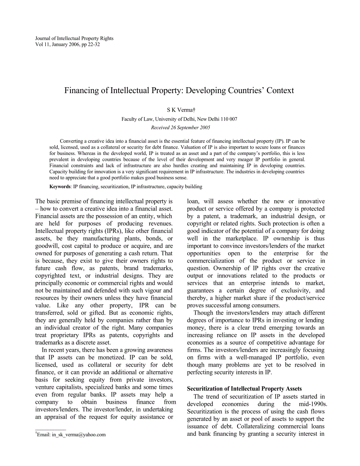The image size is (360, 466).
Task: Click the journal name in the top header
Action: point(74,38)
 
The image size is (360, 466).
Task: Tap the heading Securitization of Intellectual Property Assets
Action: point(244,389)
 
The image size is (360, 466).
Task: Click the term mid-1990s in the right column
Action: point(313,404)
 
